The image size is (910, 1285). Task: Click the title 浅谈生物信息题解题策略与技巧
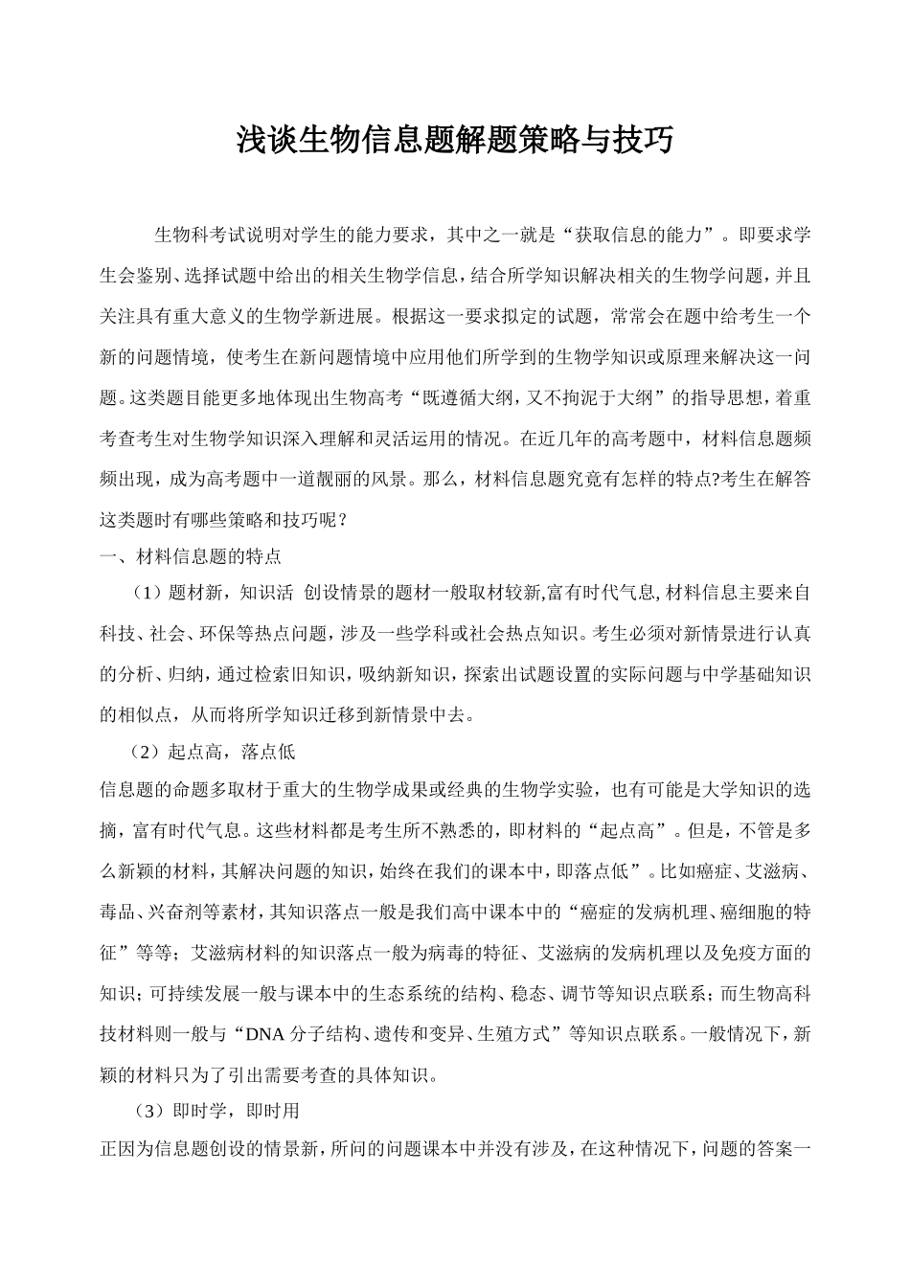coord(455,141)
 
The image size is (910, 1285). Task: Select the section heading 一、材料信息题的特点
coord(191,555)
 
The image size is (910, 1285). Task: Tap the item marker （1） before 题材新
coord(148,593)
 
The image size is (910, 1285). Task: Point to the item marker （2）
coord(148,752)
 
